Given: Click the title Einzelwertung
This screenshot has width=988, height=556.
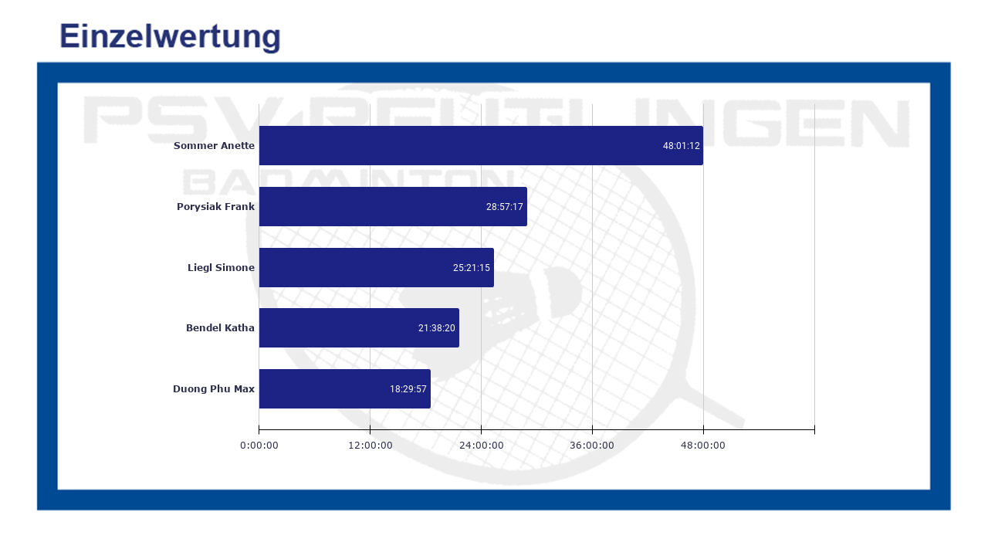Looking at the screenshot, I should click(170, 36).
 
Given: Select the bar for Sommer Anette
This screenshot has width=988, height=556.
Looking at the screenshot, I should click(463, 145).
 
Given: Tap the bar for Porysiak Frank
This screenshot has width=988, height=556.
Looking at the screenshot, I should click(370, 206).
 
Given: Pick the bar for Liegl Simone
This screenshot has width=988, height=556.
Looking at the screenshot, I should click(355, 267).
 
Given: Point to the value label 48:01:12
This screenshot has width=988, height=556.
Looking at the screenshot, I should click(681, 146).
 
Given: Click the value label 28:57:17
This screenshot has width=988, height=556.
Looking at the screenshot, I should click(505, 207).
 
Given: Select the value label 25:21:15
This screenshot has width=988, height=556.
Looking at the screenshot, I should click(472, 268).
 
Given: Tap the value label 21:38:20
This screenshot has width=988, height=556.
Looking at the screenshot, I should click(437, 328).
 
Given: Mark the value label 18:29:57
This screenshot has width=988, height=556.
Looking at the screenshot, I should click(408, 389).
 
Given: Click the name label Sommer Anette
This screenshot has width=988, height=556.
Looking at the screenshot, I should click(214, 145).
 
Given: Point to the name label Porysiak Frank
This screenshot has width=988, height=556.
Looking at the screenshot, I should click(215, 206).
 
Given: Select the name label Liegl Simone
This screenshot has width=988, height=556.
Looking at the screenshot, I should click(221, 267).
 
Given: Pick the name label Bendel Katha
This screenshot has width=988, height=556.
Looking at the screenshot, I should click(220, 327).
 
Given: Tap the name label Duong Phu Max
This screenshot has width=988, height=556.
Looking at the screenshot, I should click(214, 388).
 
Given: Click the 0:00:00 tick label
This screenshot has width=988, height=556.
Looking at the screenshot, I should click(259, 445).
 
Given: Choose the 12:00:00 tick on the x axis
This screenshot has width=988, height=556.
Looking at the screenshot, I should click(370, 445).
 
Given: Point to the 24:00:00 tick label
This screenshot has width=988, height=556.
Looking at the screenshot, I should click(482, 445).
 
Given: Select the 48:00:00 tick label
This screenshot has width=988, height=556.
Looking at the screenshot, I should click(702, 445).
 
